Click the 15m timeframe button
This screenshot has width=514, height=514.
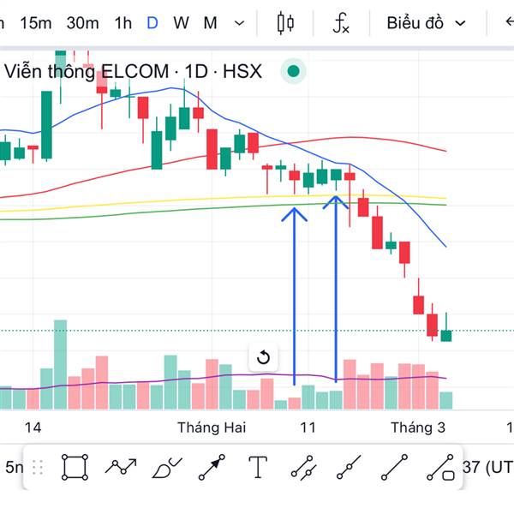(x=35, y=23)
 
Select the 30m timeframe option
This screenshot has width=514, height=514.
(x=82, y=23)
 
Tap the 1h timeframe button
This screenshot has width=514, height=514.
(x=123, y=23)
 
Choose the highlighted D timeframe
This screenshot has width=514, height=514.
(x=152, y=23)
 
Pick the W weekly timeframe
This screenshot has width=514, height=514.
(x=181, y=23)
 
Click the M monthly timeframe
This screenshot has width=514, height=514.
(x=210, y=23)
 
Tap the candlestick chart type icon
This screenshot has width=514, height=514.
(x=286, y=23)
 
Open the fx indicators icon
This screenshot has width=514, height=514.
(x=341, y=24)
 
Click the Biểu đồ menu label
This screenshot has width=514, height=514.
(x=415, y=23)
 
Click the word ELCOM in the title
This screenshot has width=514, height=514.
(x=135, y=72)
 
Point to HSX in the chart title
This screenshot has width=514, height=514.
(x=242, y=72)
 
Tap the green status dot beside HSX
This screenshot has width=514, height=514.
(x=294, y=72)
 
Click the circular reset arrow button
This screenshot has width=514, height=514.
(x=264, y=357)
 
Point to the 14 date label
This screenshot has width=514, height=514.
(x=33, y=427)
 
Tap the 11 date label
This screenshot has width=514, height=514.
(x=308, y=427)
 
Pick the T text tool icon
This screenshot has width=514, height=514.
(x=258, y=467)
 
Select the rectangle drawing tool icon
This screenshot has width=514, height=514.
(x=75, y=467)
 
